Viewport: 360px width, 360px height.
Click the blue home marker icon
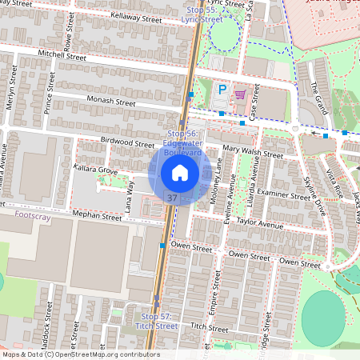[x=180, y=173]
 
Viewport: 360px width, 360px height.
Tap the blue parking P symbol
[x=223, y=91]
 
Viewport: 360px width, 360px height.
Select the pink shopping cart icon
[x=240, y=94]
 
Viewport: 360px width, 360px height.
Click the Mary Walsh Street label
[x=253, y=150]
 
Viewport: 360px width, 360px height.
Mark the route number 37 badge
[x=172, y=197]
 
